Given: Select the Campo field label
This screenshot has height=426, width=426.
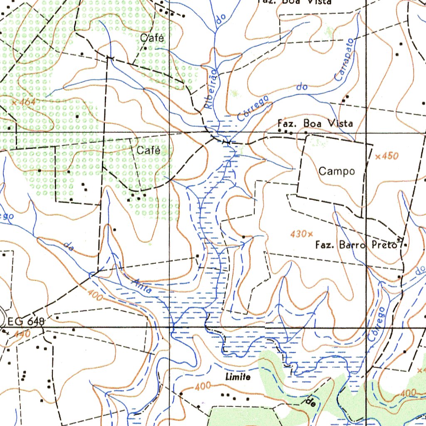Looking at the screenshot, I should pyautogui.click(x=337, y=171).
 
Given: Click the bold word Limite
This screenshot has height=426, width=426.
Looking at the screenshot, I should pyautogui.click(x=238, y=377).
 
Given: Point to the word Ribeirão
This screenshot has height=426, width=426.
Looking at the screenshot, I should pyautogui.click(x=211, y=89).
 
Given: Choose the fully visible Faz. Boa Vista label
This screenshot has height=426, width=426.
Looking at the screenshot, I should pyautogui.click(x=315, y=124).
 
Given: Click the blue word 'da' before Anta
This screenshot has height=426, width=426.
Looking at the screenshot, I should pyautogui.click(x=69, y=247).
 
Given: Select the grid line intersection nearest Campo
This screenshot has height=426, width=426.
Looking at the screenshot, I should pyautogui.click(x=366, y=133).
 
